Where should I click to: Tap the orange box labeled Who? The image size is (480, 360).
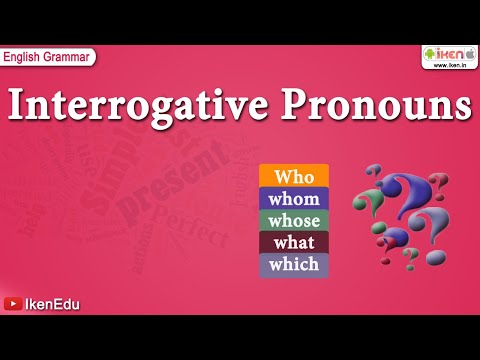pos(294,176)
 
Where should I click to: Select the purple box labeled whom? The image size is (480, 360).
pos(294,198)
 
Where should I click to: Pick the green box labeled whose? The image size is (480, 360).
pos(294,220)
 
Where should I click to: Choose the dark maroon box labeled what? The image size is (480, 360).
pos(294,242)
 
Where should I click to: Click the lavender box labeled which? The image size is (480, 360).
pos(294,265)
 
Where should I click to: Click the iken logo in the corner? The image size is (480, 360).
pos(448,54)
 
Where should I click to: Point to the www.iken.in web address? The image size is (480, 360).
pos(448,65)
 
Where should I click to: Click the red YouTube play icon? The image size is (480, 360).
pos(13,304)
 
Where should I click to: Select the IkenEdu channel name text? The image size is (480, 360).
pos(52,304)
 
